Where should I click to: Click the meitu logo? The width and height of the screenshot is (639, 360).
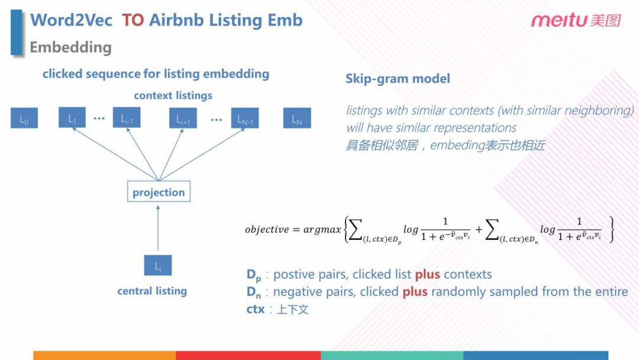click(x=575, y=21)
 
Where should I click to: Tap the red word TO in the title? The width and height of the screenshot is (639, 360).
click(x=133, y=20)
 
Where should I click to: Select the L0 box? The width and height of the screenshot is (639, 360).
click(x=24, y=119)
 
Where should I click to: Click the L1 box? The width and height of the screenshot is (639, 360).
click(x=72, y=119)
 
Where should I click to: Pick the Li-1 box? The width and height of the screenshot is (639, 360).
click(x=127, y=119)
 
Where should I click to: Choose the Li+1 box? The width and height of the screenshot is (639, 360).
click(x=183, y=119)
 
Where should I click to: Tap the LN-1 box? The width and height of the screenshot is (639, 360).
click(x=245, y=119)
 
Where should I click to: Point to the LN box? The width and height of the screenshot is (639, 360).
click(x=296, y=119)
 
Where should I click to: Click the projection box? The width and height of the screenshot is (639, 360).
click(x=159, y=192)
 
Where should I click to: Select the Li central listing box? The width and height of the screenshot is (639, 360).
click(x=158, y=266)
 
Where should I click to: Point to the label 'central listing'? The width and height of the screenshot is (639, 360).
click(x=152, y=291)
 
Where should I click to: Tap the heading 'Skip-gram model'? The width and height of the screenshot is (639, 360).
click(x=398, y=79)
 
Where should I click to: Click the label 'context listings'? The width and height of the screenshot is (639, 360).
click(x=173, y=95)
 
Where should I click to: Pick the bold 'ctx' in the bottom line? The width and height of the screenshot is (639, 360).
click(x=255, y=308)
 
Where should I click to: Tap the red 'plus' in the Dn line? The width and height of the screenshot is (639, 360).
click(x=415, y=291)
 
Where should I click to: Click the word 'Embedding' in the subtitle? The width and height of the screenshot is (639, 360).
click(x=70, y=47)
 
